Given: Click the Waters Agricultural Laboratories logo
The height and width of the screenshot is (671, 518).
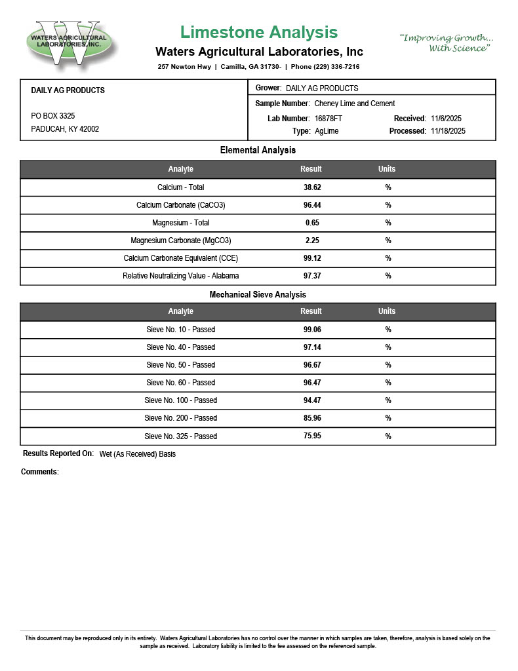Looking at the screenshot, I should (x=68, y=42).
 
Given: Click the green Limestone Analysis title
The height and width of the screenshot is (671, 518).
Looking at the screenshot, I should (x=259, y=32).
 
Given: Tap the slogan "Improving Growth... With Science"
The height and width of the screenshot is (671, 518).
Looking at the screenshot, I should (x=447, y=43).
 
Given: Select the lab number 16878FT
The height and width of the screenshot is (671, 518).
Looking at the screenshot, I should (x=329, y=119).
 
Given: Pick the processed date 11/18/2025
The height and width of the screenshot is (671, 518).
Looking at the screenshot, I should (x=448, y=131).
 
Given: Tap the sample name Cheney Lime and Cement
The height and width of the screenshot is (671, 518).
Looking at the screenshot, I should (x=355, y=104).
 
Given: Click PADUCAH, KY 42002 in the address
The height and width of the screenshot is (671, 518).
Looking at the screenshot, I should (x=65, y=129).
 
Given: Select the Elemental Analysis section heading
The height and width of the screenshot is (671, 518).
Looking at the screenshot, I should (x=258, y=151).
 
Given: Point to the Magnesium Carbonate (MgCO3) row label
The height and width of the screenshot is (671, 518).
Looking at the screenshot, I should (x=181, y=240).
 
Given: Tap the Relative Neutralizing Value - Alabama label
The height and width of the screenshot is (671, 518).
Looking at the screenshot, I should (x=181, y=276).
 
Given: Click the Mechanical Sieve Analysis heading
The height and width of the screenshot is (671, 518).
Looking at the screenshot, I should (x=258, y=295).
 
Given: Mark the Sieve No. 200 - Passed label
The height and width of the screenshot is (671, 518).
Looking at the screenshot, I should (x=181, y=418).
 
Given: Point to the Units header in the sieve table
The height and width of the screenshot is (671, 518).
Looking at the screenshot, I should (x=387, y=311).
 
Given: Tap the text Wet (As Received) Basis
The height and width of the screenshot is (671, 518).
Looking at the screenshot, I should (x=138, y=454).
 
